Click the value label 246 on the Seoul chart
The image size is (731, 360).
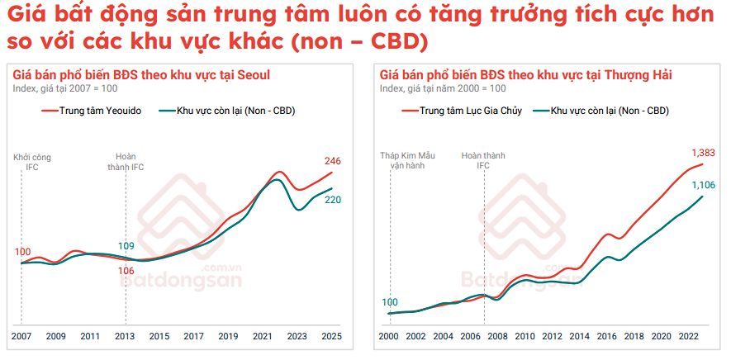click(x=331, y=161)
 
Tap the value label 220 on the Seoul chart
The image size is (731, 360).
click(x=332, y=200)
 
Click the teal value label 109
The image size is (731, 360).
click(x=126, y=246)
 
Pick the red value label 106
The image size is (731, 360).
click(x=126, y=270)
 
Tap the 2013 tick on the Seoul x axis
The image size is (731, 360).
click(x=126, y=337)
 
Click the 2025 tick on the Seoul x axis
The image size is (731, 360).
click(x=332, y=337)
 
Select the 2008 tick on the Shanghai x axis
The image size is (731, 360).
click(x=498, y=337)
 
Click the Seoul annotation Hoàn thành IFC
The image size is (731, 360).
click(x=126, y=161)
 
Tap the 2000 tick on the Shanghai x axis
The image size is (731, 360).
click(x=388, y=337)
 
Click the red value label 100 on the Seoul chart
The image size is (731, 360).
click(x=23, y=252)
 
